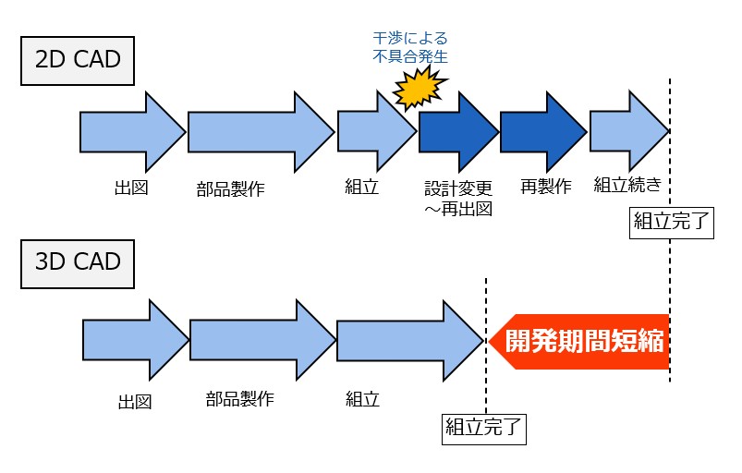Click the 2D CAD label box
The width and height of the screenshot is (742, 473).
pyautogui.click(x=79, y=62)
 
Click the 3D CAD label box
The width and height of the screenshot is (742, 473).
pyautogui.click(x=79, y=261)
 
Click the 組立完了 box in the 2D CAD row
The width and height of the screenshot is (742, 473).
pyautogui.click(x=671, y=223)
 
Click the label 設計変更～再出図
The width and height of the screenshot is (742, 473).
pyautogui.click(x=457, y=198)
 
